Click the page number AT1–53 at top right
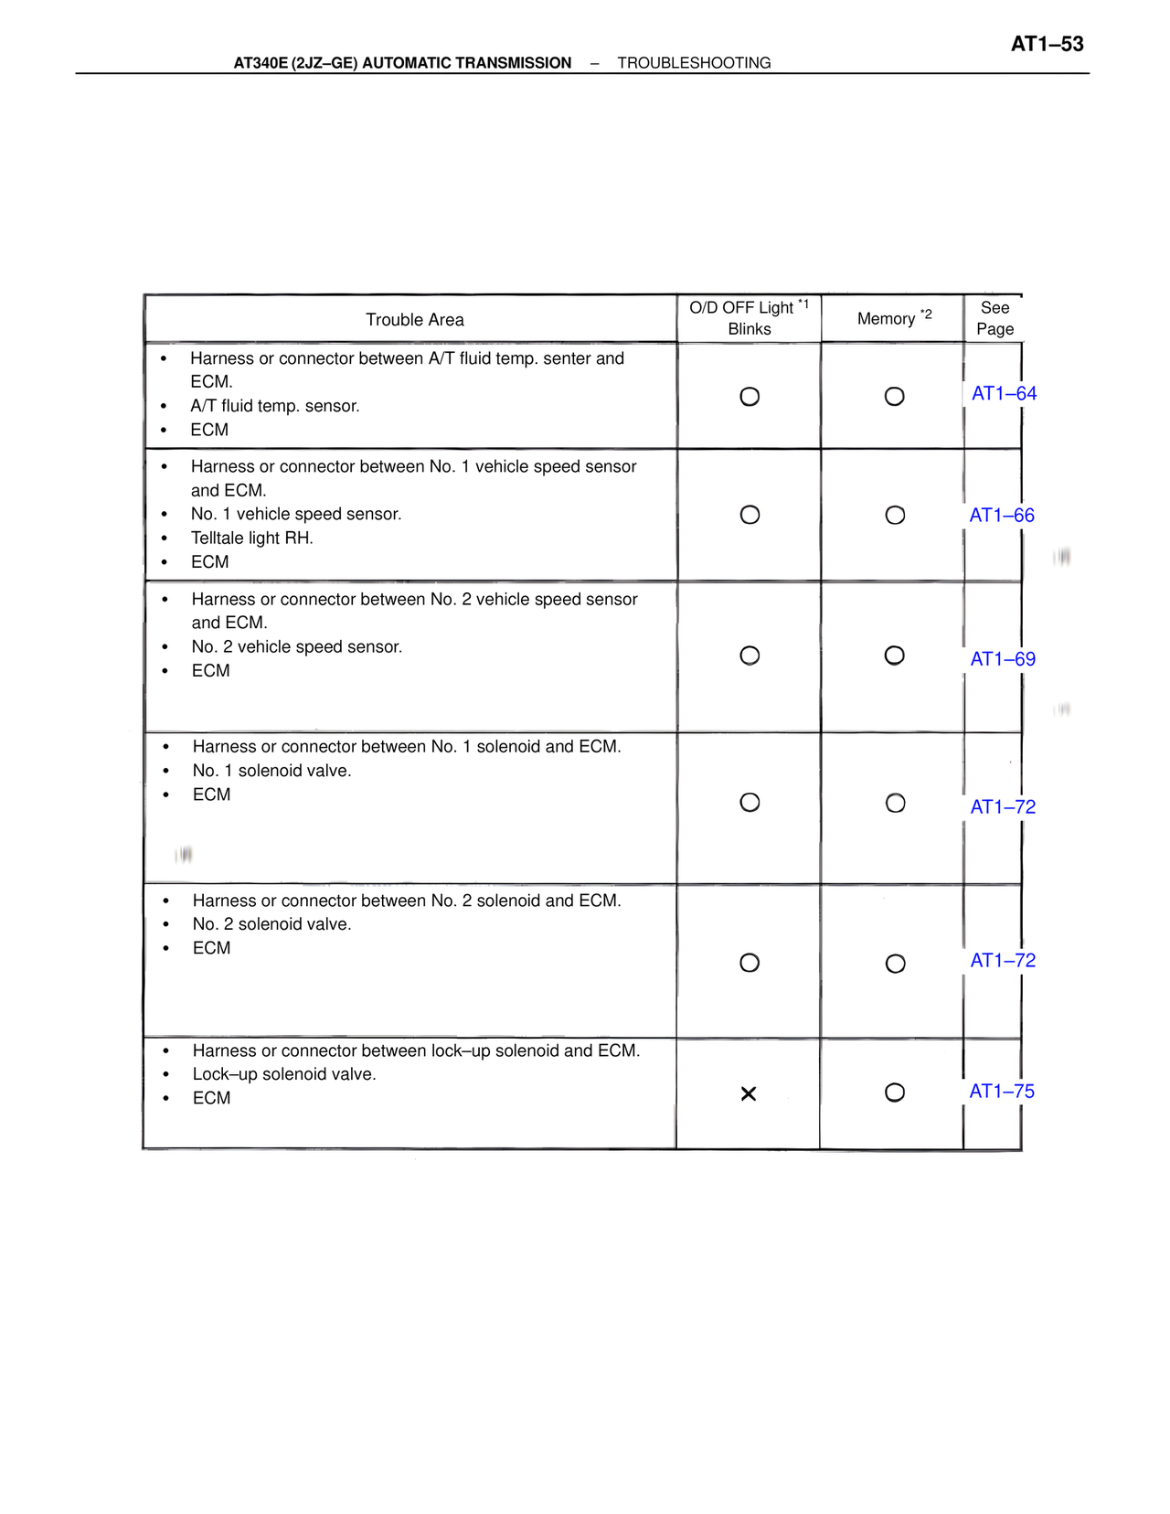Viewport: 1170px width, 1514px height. coord(1047,44)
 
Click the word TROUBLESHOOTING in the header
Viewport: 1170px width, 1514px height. coord(694,63)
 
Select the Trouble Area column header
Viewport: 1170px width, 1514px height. coord(415,320)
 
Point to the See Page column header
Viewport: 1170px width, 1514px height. coord(994,318)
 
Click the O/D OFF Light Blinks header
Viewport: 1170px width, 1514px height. coord(749,318)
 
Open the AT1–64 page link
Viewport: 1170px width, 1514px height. coord(1004,394)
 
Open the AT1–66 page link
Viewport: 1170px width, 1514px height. coord(1002,516)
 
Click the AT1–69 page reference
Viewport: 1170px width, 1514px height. coord(1003,659)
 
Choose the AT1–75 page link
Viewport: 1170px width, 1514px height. coord(1002,1092)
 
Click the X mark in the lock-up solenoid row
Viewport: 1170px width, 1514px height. coord(749,1093)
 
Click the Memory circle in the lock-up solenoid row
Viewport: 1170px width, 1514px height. coord(895,1093)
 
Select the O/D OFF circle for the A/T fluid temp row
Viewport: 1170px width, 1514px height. coord(750,397)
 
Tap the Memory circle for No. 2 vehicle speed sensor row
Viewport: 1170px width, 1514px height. coord(895,656)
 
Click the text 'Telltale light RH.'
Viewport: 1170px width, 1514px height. coord(251,538)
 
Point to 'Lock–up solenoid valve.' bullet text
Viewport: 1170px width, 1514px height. coord(284,1074)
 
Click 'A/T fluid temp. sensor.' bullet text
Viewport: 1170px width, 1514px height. coord(274,406)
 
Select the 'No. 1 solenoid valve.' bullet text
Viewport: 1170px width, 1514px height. coord(271,771)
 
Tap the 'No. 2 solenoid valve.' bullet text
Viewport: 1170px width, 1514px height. coord(271,924)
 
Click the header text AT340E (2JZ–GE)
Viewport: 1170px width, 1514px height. coord(295,63)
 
